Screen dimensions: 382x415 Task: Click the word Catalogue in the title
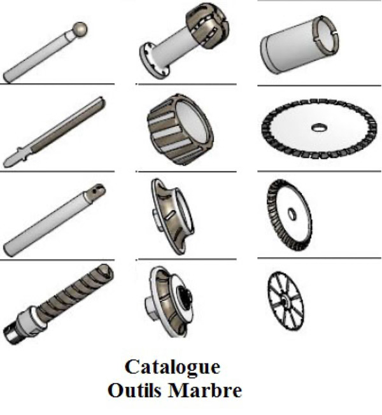pyautogui.click(x=172, y=367)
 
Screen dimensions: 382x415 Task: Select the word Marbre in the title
pyautogui.click(x=205, y=390)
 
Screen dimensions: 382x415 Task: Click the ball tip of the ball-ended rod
pyautogui.click(x=80, y=29)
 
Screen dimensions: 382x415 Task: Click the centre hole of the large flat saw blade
pyautogui.click(x=319, y=127)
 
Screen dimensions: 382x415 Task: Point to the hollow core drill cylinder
pyautogui.click(x=299, y=45)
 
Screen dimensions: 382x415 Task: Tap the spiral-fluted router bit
pyautogui.click(x=59, y=304)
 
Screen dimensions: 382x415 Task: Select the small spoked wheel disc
pyautogui.click(x=285, y=300)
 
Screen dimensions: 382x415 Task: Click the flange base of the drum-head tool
pyautogui.click(x=154, y=61)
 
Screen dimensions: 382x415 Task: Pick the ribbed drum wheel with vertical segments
pyautogui.click(x=180, y=129)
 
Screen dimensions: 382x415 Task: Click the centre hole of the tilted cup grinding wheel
pyautogui.click(x=292, y=214)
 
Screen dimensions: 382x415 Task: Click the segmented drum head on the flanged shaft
pyautogui.click(x=208, y=25)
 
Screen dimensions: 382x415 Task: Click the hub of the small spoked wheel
pyautogui.click(x=284, y=302)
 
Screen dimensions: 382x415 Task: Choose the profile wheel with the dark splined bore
pyautogui.click(x=169, y=302)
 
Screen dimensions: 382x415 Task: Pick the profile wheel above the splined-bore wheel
pyautogui.click(x=173, y=216)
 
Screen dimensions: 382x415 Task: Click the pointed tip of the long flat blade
pyautogui.click(x=4, y=164)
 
